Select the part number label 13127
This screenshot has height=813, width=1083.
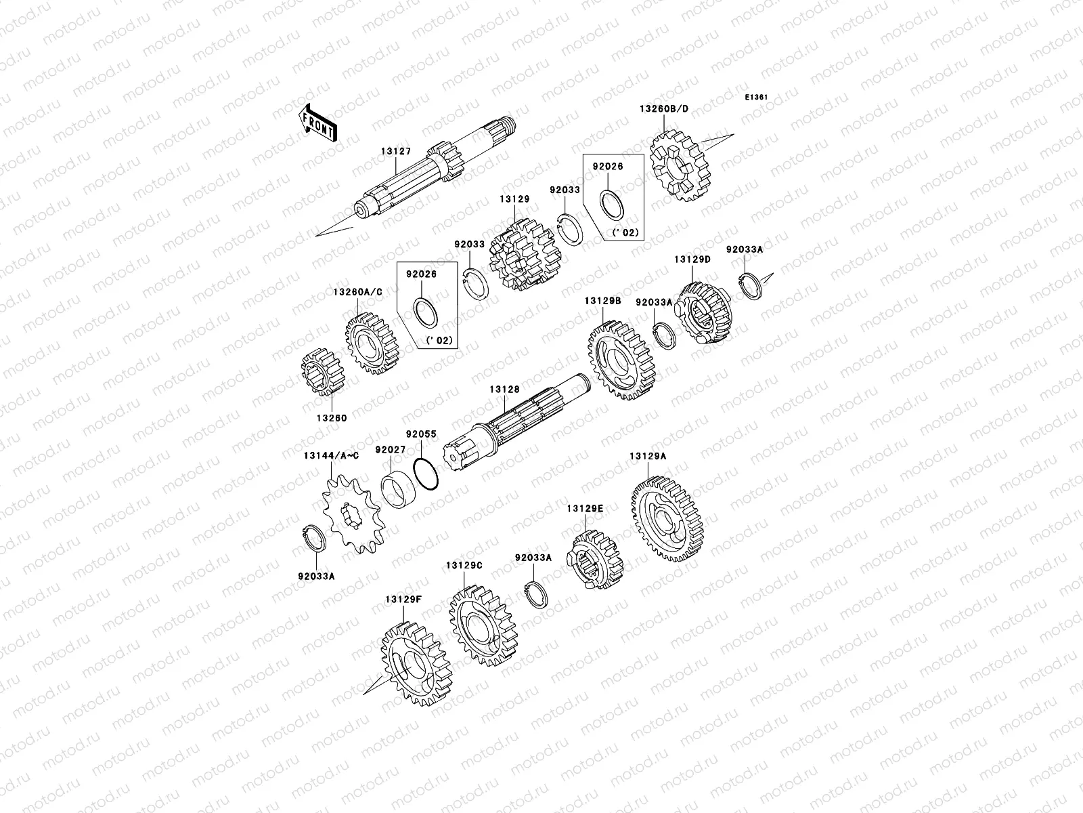(x=396, y=152)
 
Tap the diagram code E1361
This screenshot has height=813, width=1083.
(x=756, y=98)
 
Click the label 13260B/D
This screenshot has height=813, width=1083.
(x=663, y=108)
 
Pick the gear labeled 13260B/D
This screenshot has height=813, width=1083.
(x=680, y=166)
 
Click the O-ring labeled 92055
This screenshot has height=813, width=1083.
(x=425, y=474)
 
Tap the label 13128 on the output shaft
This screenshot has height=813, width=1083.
(x=504, y=390)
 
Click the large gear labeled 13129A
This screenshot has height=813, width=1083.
(x=666, y=519)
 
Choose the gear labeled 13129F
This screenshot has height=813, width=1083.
(x=416, y=664)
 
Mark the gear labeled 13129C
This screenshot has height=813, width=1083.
(x=483, y=625)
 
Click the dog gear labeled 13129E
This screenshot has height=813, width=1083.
(x=594, y=560)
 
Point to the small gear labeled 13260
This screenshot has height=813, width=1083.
(x=323, y=372)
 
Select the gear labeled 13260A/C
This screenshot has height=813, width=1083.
(x=372, y=343)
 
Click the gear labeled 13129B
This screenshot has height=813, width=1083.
(x=621, y=360)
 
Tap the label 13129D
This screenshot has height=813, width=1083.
(x=692, y=259)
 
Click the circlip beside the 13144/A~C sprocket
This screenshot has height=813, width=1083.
(x=314, y=539)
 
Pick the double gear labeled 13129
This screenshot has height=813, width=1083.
(x=525, y=254)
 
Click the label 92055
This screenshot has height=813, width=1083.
(x=422, y=434)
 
